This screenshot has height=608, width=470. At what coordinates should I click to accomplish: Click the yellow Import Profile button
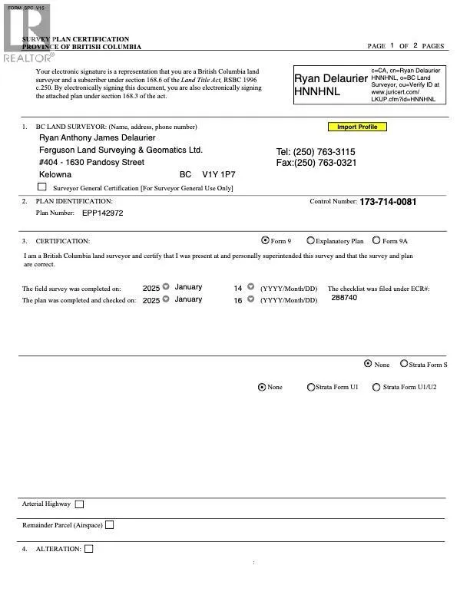pos(357,127)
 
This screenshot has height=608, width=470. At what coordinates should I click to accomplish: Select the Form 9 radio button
pos(266,240)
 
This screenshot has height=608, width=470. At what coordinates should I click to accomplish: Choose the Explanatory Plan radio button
pos(310,240)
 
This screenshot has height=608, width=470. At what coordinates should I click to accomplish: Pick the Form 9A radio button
pos(376,240)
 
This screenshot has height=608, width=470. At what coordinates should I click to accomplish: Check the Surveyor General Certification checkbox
pos(42,187)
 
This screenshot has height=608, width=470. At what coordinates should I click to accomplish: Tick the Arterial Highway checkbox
pos(80,504)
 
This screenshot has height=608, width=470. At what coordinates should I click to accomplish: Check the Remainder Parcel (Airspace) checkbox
pos(109,525)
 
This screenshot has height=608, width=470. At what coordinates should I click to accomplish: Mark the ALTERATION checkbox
pos(89,549)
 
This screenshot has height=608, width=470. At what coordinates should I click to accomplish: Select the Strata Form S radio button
pos(402,365)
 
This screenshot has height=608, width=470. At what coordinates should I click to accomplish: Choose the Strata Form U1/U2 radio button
pos(376,388)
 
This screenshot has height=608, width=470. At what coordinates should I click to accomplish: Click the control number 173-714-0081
pos(388,202)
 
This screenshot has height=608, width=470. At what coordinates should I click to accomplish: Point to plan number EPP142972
pos(102,213)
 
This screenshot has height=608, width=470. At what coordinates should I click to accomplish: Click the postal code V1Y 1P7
pos(219,175)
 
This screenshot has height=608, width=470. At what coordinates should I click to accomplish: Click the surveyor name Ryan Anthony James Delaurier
pos(97,138)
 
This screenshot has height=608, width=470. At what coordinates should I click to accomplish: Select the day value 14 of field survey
pos(238,288)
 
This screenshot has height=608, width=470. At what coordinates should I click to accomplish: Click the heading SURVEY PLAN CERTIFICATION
pos(75,39)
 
